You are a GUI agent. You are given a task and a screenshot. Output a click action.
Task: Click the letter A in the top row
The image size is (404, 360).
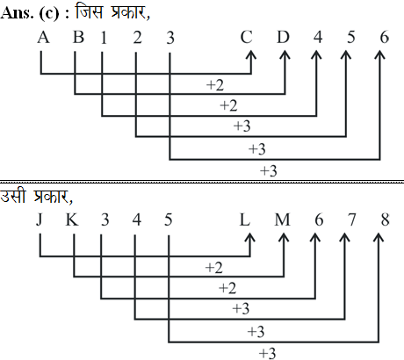43,38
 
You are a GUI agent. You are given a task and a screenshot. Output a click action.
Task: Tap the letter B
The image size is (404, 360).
78,38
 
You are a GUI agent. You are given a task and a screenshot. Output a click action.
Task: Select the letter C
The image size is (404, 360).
246,38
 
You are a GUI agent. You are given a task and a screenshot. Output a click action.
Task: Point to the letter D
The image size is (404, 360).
283,38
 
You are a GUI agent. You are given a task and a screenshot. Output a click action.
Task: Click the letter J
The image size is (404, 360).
40,220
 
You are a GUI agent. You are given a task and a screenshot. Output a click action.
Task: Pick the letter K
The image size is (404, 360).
72,220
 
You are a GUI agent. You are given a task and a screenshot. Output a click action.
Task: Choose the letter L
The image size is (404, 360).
245,220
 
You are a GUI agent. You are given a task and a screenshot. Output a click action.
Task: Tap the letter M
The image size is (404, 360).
282,220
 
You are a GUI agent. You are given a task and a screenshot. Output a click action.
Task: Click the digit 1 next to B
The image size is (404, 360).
104,38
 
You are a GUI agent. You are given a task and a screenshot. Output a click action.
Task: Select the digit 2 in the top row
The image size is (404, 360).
138,38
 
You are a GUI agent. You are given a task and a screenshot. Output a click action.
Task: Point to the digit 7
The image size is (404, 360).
352,220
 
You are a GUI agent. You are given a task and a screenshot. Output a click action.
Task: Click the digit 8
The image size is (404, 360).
386,220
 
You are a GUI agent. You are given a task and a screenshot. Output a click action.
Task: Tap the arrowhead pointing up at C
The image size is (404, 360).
250,54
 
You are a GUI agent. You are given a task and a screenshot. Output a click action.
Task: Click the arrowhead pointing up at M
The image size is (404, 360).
284,237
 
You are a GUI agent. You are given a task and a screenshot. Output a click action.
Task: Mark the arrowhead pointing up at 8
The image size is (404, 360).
379,237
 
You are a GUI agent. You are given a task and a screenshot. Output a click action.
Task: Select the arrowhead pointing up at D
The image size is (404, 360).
285,54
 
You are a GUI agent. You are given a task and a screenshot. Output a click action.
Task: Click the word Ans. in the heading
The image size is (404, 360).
17,13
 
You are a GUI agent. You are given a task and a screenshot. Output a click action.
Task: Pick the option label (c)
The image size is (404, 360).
49,14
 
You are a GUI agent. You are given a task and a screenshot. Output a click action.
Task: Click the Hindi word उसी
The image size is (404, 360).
13,196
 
